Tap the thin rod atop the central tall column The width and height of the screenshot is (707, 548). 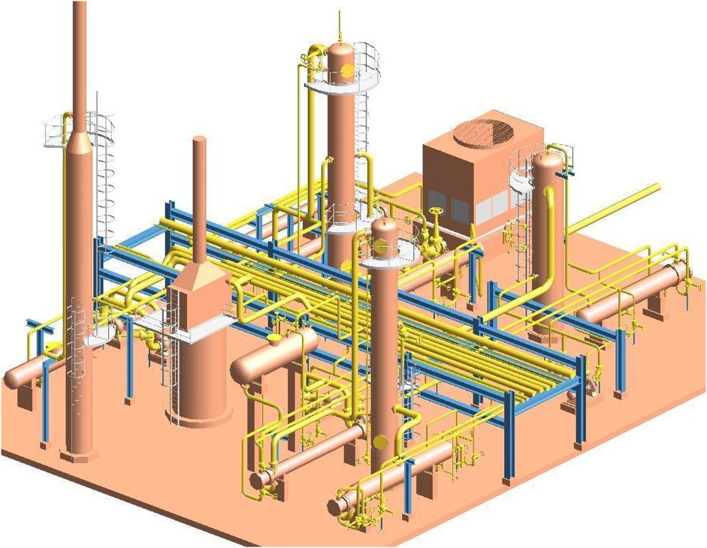pyautogui.click(x=340, y=27)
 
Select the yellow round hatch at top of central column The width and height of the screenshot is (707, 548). pyautogui.click(x=347, y=70)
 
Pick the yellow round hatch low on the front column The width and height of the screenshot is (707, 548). pyautogui.click(x=381, y=440)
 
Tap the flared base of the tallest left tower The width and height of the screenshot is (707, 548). pyautogui.click(x=79, y=452)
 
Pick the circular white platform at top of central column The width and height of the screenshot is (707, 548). pyautogui.click(x=342, y=88)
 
